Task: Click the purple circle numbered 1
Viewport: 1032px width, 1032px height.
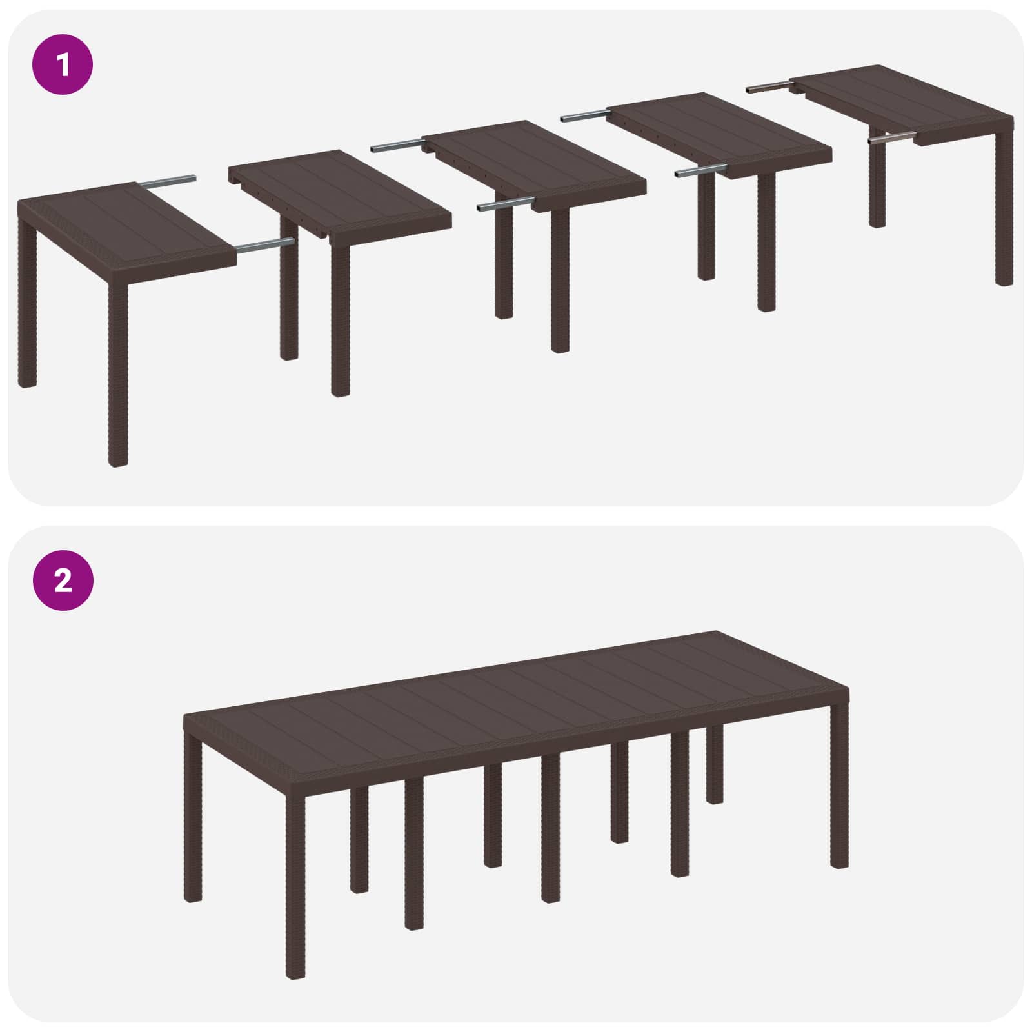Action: (x=63, y=65)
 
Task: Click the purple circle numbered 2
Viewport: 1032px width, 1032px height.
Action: (x=63, y=581)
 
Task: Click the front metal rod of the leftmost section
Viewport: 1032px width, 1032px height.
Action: (x=264, y=245)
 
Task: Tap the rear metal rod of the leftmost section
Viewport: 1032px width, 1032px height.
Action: (x=168, y=183)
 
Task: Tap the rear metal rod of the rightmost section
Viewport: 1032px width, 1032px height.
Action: (x=768, y=86)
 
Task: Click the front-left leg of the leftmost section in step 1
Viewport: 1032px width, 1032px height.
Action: (x=118, y=374)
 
